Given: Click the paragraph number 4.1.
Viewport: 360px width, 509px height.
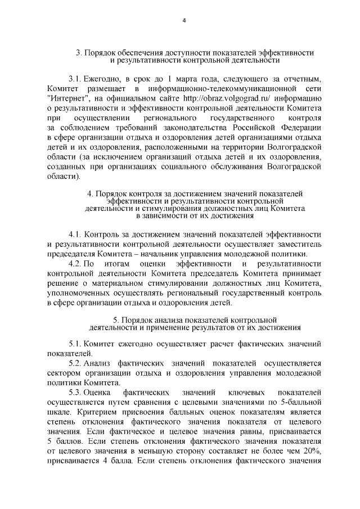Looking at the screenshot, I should coord(76,233).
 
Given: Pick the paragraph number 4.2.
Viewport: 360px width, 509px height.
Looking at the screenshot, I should coord(76,263).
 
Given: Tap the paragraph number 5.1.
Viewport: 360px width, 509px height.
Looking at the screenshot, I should coord(76,343).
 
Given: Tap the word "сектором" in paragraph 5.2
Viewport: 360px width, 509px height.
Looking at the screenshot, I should coord(65,373).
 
